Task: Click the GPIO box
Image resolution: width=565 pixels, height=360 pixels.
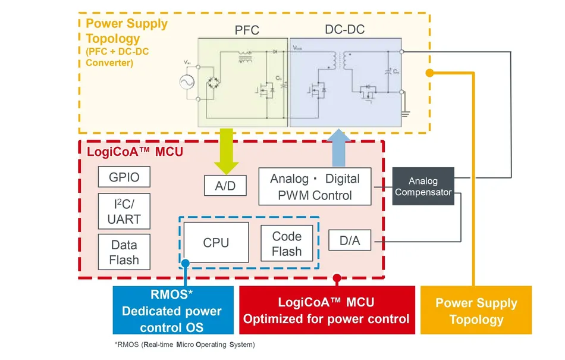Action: point(124,177)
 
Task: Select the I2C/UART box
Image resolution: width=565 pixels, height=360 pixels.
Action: point(124,211)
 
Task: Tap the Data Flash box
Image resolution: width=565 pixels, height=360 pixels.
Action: point(124,252)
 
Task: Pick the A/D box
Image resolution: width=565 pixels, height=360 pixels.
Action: point(225,186)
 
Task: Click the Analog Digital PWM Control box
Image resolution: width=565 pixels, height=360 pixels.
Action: point(315,187)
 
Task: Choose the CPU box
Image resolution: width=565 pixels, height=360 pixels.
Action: point(216,242)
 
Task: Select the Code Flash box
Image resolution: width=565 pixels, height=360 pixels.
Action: point(287,243)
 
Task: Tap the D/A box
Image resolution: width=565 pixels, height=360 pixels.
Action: point(350,240)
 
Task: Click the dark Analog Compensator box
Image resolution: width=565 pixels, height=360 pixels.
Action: point(423,186)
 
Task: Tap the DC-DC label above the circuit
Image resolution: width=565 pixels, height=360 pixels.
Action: point(345,29)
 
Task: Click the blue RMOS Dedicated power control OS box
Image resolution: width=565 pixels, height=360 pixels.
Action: point(172,310)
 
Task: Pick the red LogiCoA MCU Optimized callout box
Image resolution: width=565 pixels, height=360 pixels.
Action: point(326,310)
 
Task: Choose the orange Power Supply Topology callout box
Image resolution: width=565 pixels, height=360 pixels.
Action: point(476,310)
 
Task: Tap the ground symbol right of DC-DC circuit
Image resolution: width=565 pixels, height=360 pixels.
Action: point(407,111)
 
